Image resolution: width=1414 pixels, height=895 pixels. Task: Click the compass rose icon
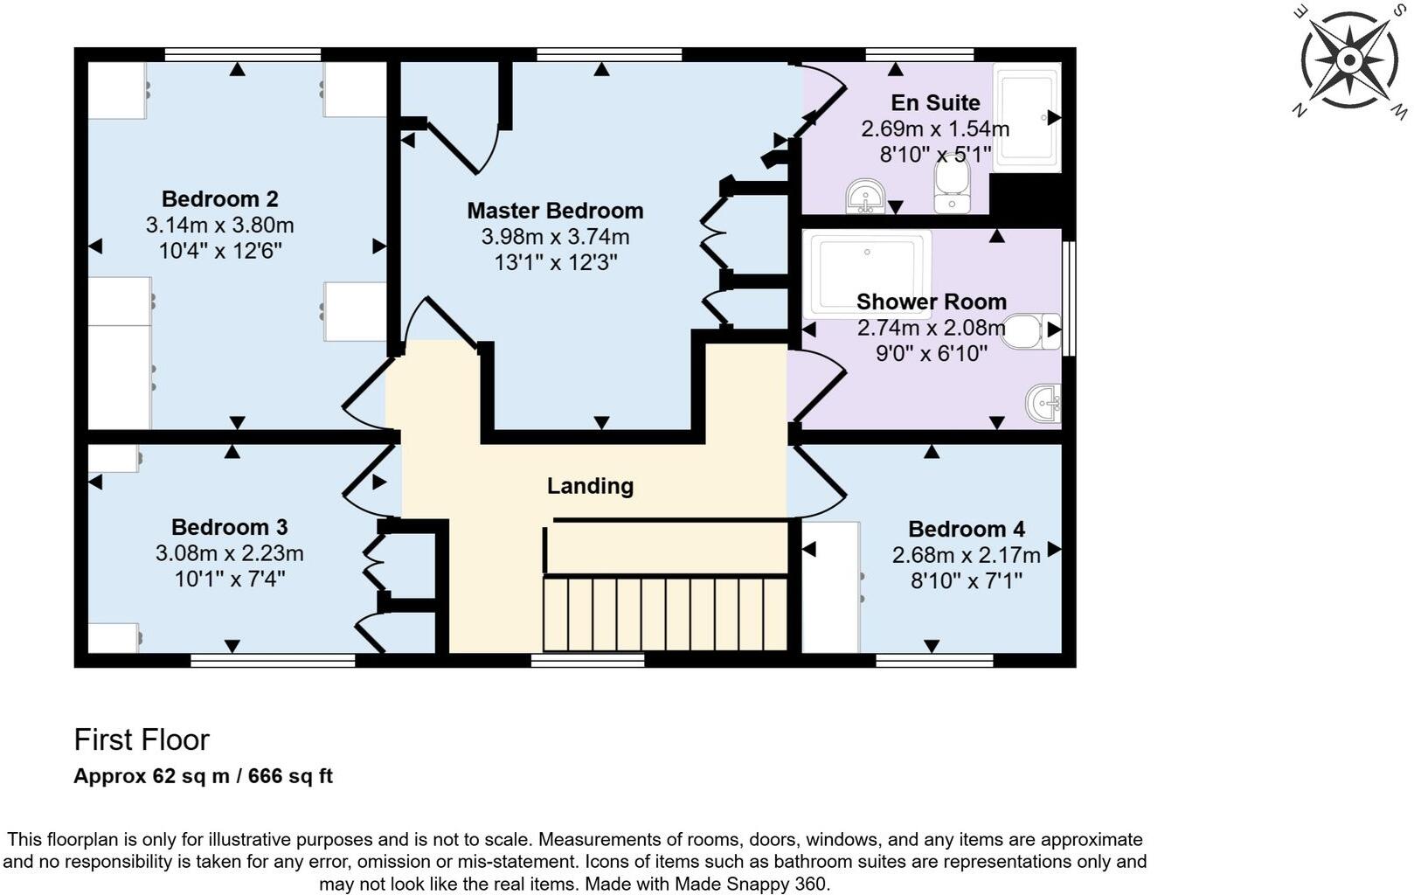(x=1348, y=60)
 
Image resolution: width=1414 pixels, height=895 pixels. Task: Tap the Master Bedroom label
(x=555, y=211)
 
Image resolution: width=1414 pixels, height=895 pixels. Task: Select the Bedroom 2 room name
(x=219, y=199)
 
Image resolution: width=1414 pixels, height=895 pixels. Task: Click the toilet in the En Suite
(x=951, y=186)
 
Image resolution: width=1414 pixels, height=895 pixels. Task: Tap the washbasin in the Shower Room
(x=1043, y=403)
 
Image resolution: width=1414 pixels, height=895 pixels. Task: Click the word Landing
(x=590, y=486)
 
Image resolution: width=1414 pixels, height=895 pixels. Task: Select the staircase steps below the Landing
(x=664, y=614)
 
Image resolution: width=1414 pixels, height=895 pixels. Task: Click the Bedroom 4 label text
(x=966, y=530)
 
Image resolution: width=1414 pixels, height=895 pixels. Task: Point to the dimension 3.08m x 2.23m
(x=229, y=553)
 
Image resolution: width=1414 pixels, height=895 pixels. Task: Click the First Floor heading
(x=142, y=739)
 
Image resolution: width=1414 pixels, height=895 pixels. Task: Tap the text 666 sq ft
(x=290, y=776)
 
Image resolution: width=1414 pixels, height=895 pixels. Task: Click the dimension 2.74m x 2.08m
(x=931, y=328)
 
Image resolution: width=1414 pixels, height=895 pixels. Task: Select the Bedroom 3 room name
(x=229, y=527)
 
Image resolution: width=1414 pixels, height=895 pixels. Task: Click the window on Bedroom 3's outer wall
(x=273, y=661)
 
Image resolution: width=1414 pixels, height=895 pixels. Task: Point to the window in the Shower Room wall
(x=1069, y=299)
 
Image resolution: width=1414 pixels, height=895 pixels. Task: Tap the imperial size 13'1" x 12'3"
(x=555, y=263)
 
